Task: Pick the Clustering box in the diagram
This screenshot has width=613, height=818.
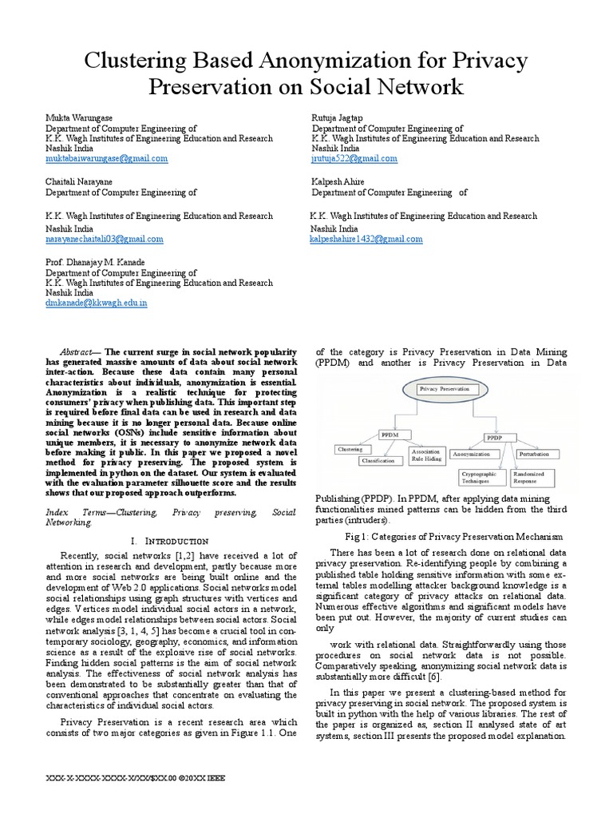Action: tap(350, 450)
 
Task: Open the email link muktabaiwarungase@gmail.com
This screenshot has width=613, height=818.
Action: tap(106, 159)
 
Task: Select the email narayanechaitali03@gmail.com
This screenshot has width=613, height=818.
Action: tap(104, 239)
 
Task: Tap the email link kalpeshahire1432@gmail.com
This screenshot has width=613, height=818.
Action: tap(366, 239)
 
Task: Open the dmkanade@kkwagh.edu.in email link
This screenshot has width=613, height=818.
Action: tap(96, 304)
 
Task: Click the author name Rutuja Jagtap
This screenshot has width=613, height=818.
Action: tap(337, 117)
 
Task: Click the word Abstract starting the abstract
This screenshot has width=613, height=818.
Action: tap(79, 351)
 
